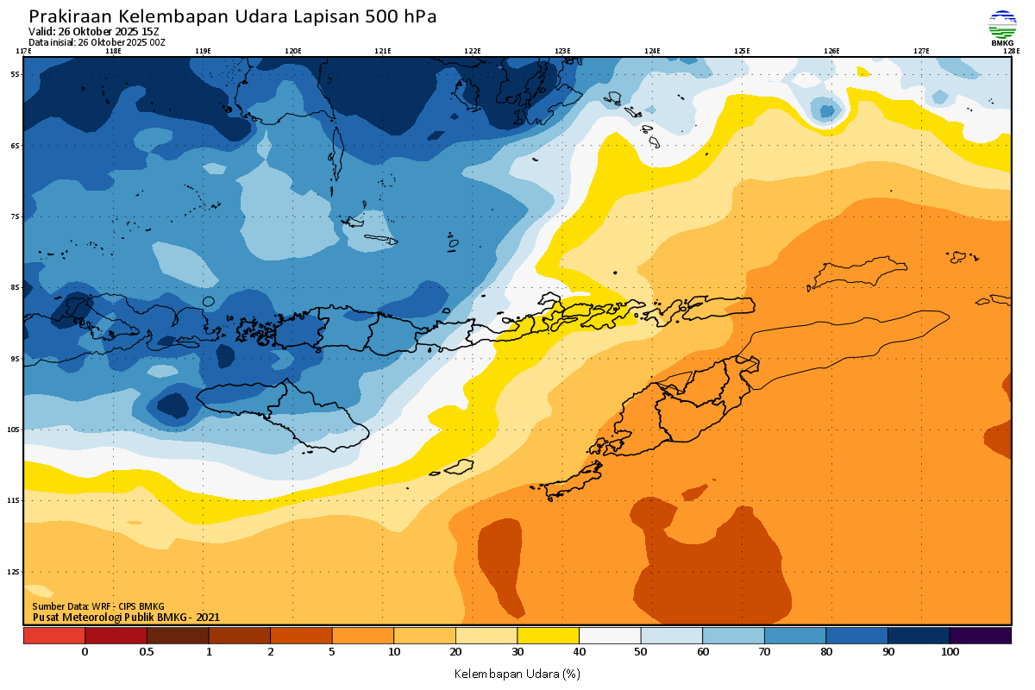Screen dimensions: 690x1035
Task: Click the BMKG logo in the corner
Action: [1002, 27]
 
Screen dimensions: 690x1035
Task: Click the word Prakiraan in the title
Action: [71, 16]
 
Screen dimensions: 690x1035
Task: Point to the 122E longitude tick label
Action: [473, 51]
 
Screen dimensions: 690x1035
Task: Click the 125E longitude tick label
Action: [742, 51]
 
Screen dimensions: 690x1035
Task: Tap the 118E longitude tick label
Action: [112, 51]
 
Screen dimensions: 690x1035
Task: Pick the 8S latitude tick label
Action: [15, 287]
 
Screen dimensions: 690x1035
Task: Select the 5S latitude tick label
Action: [15, 74]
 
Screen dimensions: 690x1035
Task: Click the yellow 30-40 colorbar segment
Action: [548, 636]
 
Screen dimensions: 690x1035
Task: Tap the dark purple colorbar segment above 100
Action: [981, 636]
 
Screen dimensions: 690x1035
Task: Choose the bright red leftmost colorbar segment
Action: [53, 636]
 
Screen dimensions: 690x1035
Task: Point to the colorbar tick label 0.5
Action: [147, 652]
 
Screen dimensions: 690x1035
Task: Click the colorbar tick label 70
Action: [765, 652]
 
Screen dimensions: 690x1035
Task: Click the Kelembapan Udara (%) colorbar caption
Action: [517, 673]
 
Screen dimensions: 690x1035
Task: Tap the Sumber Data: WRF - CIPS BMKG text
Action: [97, 606]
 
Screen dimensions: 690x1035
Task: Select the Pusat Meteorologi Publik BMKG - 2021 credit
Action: [126, 617]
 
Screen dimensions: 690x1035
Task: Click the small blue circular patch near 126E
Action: [826, 110]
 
